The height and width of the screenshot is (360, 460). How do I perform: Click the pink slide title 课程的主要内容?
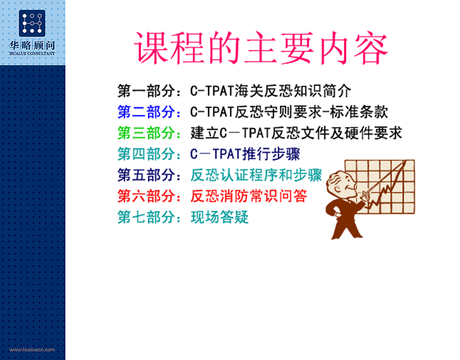(x=261, y=48)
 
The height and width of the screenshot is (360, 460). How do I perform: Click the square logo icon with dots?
(x=32, y=23)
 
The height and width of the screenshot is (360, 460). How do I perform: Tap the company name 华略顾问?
(x=32, y=46)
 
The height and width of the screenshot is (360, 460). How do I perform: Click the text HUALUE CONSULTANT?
(x=32, y=54)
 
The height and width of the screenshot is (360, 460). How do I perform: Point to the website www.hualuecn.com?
(x=32, y=349)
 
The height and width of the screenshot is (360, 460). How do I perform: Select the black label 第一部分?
(x=146, y=91)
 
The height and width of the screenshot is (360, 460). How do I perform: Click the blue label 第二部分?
(x=146, y=112)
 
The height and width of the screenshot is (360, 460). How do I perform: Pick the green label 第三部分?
(x=146, y=133)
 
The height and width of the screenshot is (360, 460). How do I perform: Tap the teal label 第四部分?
(x=146, y=154)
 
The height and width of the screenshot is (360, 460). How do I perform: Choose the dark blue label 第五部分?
(x=146, y=175)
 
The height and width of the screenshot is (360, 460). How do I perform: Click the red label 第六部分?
(x=146, y=196)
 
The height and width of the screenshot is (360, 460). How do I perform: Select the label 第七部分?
(x=146, y=217)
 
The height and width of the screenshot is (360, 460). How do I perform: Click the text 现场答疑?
(x=220, y=217)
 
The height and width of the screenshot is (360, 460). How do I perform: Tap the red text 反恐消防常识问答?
(x=249, y=196)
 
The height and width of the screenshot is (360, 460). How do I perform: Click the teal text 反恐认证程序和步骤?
(x=257, y=175)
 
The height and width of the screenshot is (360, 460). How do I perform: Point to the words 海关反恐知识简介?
(x=293, y=91)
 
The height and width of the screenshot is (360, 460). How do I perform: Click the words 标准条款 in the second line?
(x=359, y=112)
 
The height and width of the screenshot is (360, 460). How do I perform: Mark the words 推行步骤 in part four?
(x=271, y=154)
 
